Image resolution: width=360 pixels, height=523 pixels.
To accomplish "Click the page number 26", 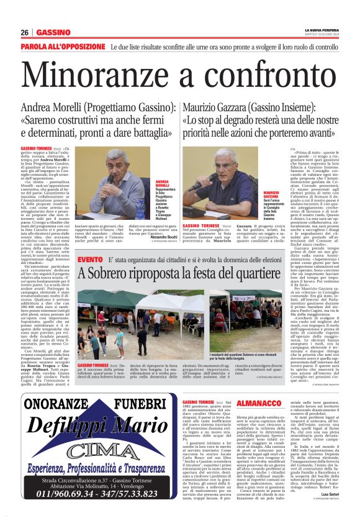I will point(25,32).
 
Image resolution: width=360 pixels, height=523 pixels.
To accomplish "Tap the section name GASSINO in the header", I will point(53,32).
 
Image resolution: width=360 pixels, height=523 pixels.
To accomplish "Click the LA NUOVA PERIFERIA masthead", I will point(320,29).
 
